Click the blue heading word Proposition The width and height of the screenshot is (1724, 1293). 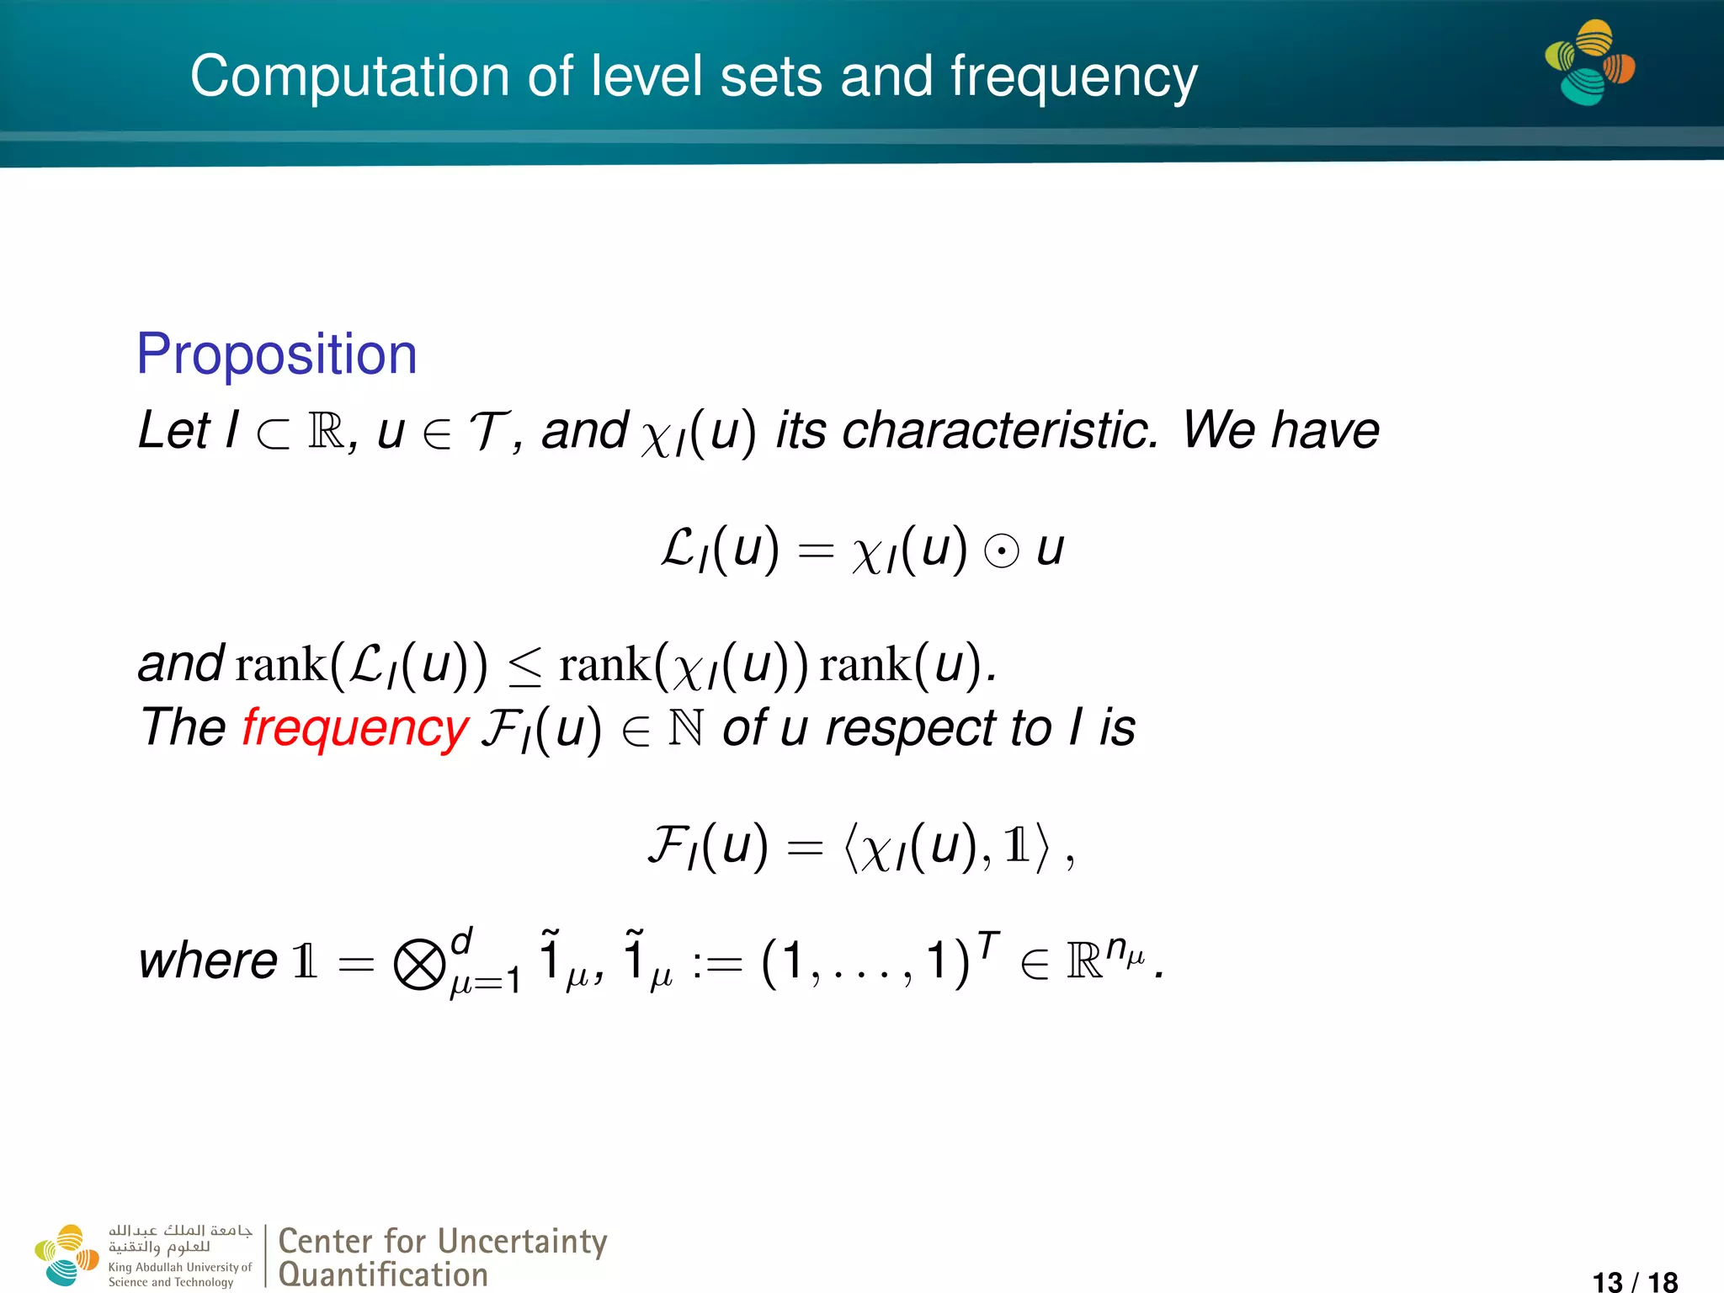coord(276,354)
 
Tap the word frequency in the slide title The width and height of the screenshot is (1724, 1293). coord(1073,77)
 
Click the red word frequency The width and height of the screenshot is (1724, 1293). coord(354,728)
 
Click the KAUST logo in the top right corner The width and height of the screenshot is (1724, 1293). coord(1589,63)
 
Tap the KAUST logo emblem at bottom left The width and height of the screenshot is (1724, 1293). coord(66,1255)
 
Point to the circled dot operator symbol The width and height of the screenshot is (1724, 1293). coord(1002,552)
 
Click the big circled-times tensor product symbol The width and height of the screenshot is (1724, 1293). coord(419,965)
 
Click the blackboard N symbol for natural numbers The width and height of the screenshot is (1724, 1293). coord(685,729)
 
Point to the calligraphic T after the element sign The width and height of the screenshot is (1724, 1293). coord(488,432)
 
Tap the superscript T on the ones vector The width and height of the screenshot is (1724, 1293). coord(989,944)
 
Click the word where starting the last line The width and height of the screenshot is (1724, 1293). coord(208,961)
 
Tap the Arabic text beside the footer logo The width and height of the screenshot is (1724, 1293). coord(179,1238)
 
